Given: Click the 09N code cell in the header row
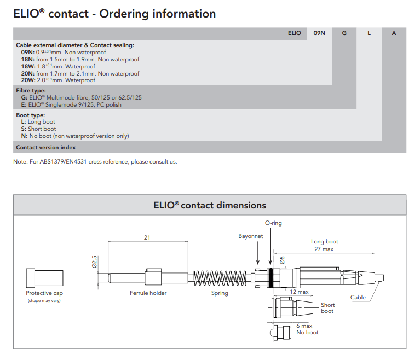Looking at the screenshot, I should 319,33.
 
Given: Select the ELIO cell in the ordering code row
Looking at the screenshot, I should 294,33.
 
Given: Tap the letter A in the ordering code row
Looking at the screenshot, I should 394,33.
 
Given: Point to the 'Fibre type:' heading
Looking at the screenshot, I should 31,91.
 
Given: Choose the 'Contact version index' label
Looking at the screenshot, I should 46,147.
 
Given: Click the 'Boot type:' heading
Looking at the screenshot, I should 31,115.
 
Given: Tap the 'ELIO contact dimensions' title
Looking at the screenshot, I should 210,206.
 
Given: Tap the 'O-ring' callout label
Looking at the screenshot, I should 273,223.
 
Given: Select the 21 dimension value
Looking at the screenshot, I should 147,237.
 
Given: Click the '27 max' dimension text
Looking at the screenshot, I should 324,249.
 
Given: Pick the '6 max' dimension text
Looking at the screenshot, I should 304,326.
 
